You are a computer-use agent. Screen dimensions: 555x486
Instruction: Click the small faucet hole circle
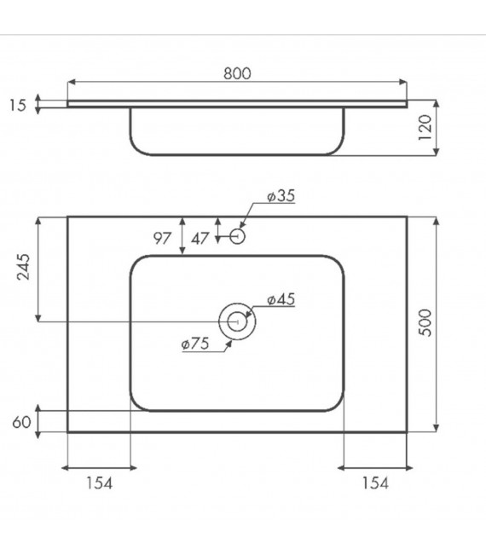coord(238,234)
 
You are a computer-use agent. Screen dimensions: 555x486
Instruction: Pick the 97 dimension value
coord(163,238)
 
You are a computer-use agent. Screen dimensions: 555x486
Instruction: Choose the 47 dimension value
coord(200,238)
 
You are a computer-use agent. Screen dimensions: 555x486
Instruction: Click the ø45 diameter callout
coord(281,299)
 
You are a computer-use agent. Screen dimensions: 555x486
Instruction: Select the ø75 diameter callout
coord(194,344)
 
